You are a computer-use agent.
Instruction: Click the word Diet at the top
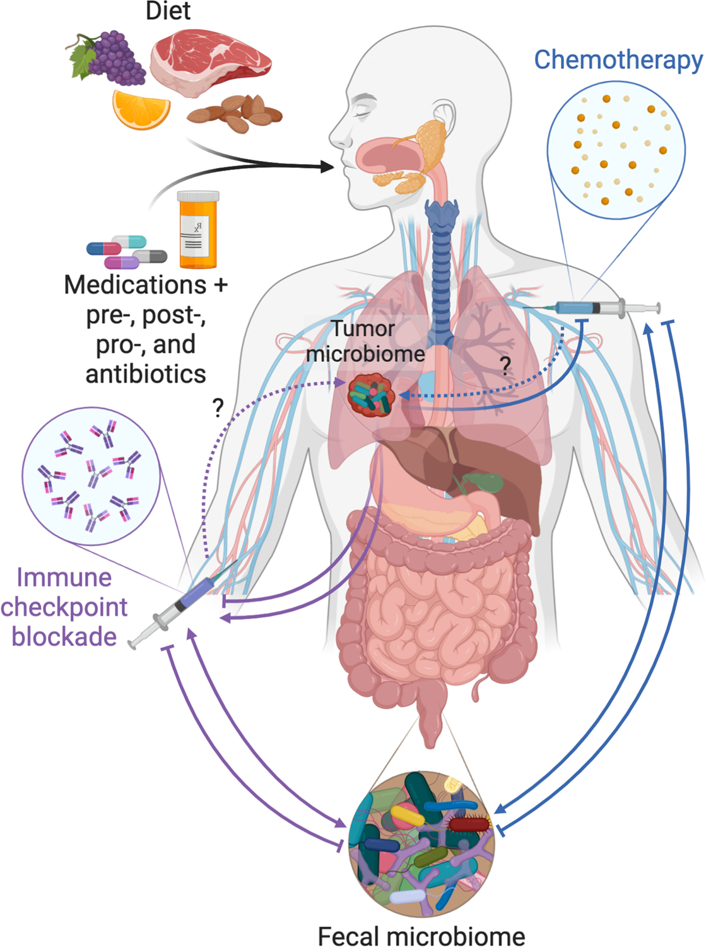(168, 11)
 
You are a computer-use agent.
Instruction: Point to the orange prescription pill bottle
(198, 230)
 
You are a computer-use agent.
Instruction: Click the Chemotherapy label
(618, 60)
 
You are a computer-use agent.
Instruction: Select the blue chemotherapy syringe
(593, 308)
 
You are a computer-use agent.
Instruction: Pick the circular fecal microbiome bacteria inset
(421, 843)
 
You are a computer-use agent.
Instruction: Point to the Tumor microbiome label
(365, 341)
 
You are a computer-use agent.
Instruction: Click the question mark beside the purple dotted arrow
(218, 408)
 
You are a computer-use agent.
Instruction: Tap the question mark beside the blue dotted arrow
(505, 366)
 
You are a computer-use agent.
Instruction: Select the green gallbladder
(486, 482)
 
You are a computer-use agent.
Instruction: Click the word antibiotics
(146, 374)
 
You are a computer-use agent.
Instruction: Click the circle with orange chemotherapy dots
(616, 150)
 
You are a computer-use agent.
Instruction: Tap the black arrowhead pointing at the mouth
(327, 167)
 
